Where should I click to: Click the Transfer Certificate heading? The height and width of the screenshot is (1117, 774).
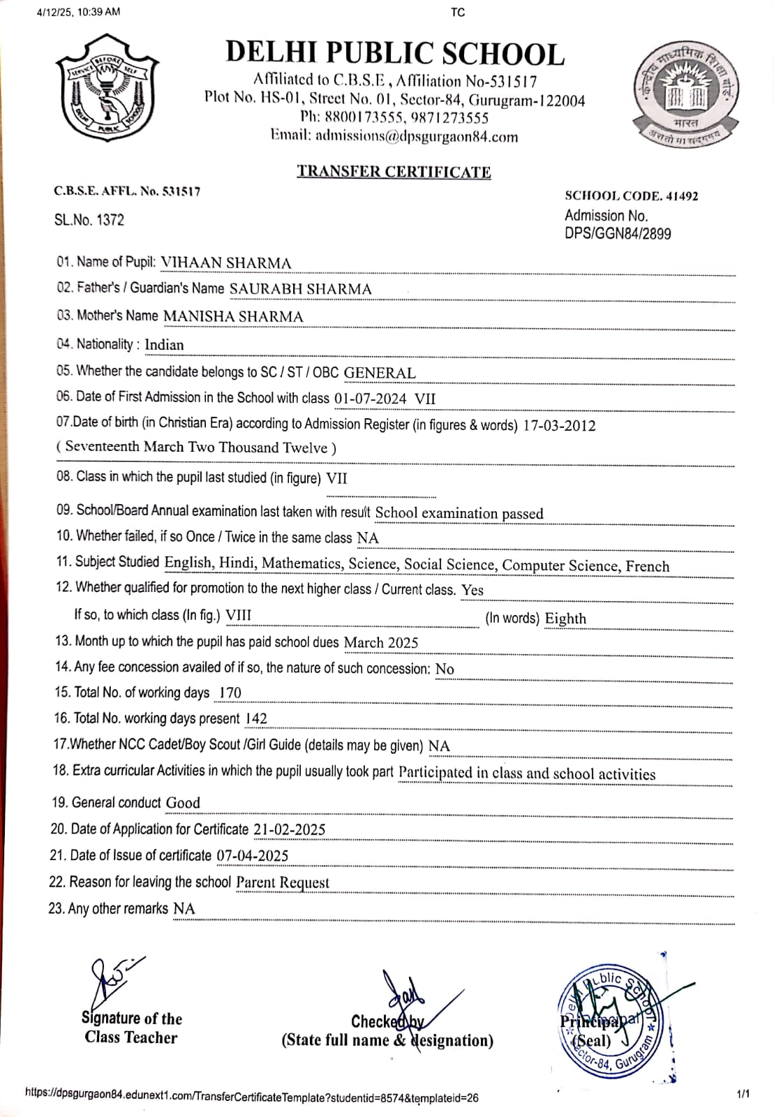point(394,172)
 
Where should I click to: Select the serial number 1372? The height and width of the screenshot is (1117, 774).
point(110,221)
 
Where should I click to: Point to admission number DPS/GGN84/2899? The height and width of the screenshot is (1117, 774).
point(618,234)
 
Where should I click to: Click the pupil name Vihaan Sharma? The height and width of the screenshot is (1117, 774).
point(226,263)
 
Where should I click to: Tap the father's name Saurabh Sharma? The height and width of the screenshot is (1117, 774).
point(300,289)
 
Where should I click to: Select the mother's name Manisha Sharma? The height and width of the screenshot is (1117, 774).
point(233,317)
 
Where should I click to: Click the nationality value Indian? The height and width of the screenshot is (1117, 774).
point(164,345)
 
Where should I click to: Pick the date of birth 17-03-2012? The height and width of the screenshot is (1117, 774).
point(559,426)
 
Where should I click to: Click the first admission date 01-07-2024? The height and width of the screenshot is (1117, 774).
point(370,399)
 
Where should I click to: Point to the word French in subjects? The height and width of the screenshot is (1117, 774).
point(647,566)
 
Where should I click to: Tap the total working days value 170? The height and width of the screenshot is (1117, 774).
point(230,693)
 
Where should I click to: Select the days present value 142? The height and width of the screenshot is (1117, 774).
point(256,719)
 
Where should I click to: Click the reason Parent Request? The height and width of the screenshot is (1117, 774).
point(283,883)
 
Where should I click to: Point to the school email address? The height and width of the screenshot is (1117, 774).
point(417,137)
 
